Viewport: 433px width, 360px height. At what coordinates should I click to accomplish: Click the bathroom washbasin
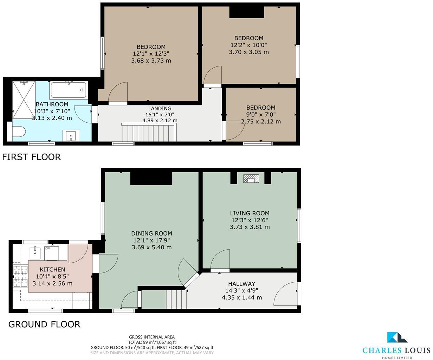coord(71,135)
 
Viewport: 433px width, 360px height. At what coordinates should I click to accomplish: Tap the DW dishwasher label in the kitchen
coord(47,249)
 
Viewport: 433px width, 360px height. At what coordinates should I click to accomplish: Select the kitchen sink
coord(35,252)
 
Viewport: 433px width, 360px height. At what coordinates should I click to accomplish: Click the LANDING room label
coord(160,109)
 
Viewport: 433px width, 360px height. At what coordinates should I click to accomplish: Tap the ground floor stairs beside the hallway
coord(176,299)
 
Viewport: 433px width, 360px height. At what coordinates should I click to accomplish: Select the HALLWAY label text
coord(241,284)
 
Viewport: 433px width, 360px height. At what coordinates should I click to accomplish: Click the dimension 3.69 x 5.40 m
coord(151,247)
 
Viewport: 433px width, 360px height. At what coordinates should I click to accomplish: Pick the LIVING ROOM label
coord(250,213)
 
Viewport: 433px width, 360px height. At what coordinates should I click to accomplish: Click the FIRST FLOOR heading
coord(32,157)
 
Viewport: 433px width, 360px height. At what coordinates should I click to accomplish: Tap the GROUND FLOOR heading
coord(44,324)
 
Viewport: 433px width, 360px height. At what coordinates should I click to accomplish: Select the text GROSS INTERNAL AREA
coord(152,337)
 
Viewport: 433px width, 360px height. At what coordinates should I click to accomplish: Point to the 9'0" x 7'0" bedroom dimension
coord(260,115)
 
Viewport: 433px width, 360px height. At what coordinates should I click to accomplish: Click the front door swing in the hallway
coord(285,293)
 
